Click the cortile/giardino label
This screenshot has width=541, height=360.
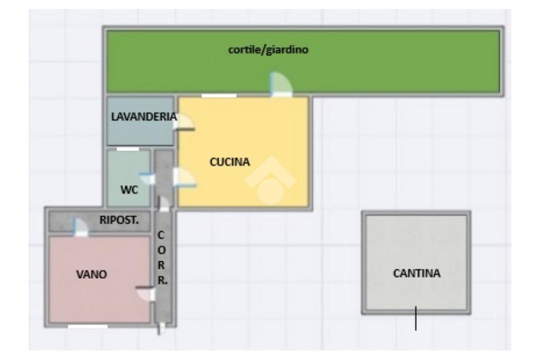click(267, 51)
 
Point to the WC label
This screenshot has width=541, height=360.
click(129, 190)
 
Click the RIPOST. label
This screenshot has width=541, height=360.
click(119, 221)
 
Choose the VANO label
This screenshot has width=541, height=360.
click(92, 274)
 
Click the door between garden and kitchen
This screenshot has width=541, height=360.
click(280, 86)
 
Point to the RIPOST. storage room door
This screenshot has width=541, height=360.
click(80, 227)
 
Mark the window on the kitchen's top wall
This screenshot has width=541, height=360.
click(219, 96)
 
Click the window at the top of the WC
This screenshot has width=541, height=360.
click(128, 149)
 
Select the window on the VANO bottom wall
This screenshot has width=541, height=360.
click(88, 326)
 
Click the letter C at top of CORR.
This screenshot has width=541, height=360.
click(162, 233)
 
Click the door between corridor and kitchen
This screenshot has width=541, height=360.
click(185, 178)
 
